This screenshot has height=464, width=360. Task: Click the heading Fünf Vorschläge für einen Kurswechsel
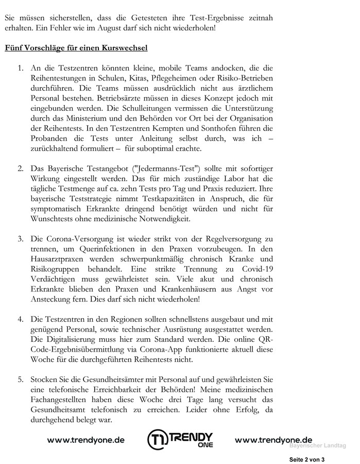pos(76,48)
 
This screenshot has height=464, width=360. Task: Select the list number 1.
pos(21,68)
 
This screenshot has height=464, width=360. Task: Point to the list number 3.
pos(21,240)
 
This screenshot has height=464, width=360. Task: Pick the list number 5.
pos(21,380)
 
